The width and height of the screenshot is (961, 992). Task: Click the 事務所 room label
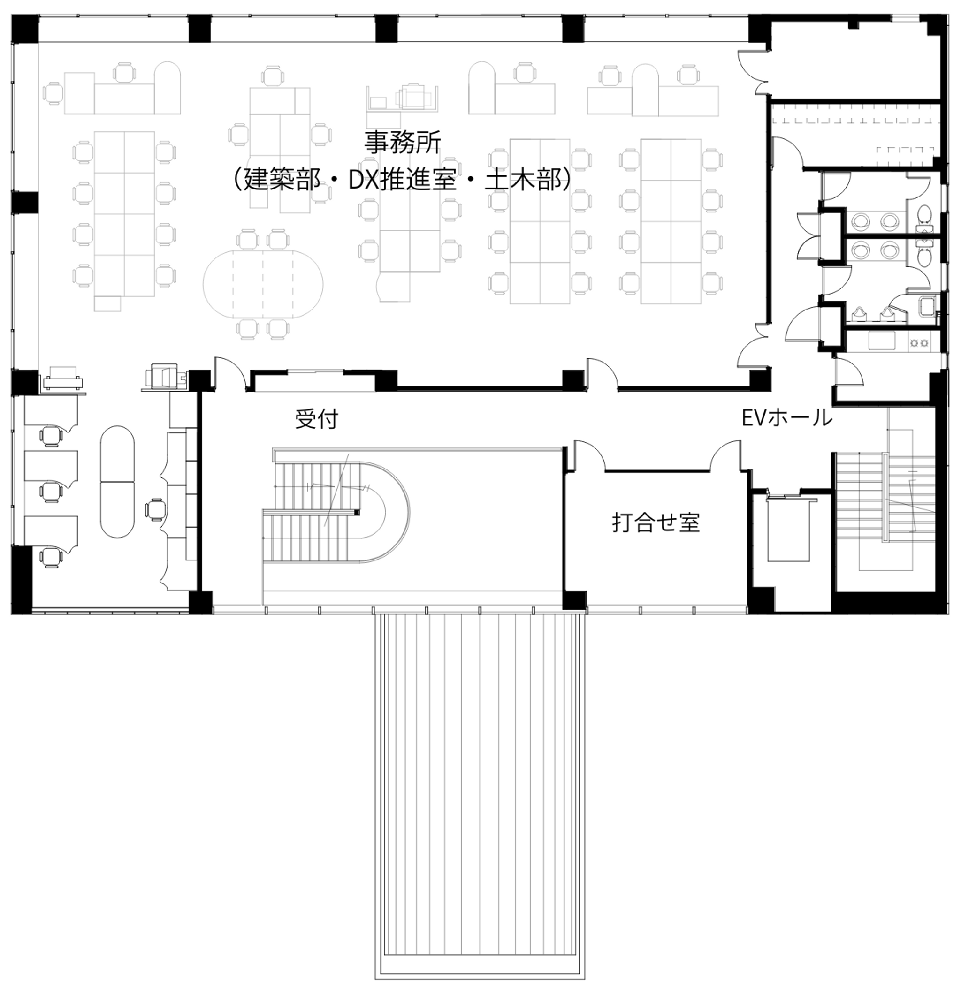tap(403, 142)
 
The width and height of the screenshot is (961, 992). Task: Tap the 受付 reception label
tap(316, 419)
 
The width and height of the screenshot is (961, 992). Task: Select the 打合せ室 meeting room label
tap(656, 523)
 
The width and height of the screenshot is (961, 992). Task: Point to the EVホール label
tap(787, 418)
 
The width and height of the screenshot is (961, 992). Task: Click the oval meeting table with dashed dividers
tap(263, 284)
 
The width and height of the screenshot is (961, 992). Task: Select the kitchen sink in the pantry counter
tap(882, 341)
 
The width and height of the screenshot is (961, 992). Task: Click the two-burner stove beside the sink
tap(919, 343)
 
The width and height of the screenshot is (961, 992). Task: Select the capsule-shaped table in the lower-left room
tap(117, 482)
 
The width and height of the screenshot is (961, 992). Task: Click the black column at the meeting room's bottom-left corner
tap(574, 600)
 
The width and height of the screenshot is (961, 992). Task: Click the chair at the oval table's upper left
tap(248, 239)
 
